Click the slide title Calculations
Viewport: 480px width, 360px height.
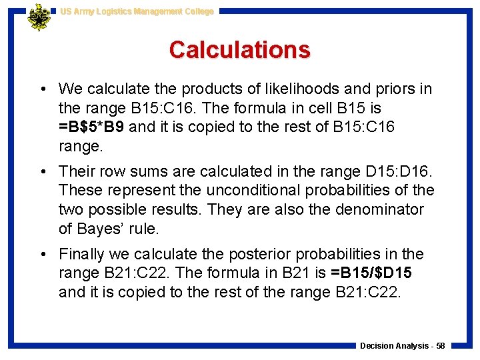point(239,49)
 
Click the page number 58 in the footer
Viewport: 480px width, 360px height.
point(440,346)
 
